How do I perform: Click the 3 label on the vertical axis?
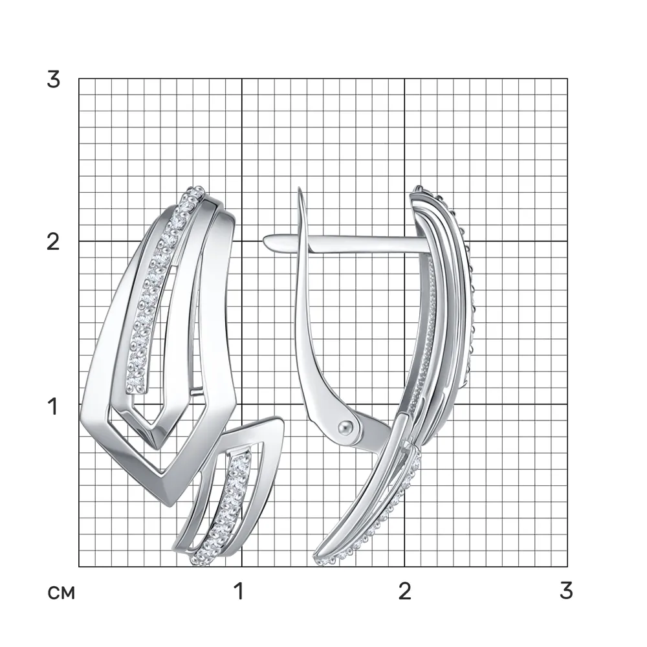(x=54, y=79)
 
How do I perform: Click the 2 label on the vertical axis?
(x=53, y=242)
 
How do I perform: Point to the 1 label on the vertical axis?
(x=52, y=406)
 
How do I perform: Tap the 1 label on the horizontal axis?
(x=239, y=591)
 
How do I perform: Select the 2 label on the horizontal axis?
(x=405, y=591)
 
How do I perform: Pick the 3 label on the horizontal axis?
(x=567, y=591)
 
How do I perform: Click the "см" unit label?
(x=61, y=593)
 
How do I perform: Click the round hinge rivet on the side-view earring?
(x=345, y=427)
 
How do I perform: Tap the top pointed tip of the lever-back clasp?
(x=300, y=189)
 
